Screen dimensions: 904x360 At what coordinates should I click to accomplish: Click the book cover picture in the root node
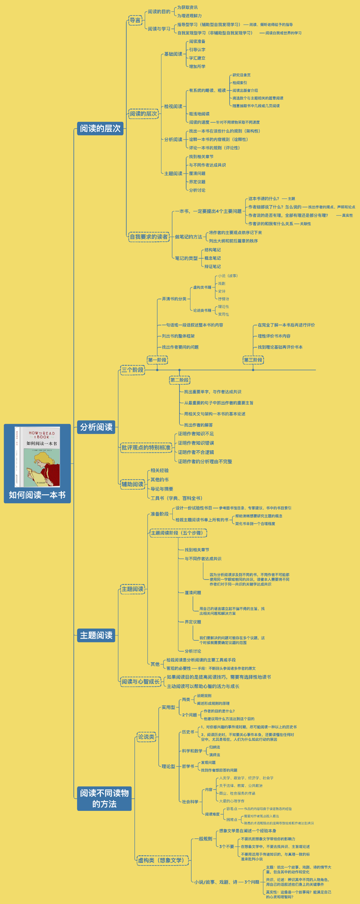37,457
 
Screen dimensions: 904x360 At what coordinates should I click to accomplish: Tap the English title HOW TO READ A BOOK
42,435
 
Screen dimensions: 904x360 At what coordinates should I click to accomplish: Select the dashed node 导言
135,20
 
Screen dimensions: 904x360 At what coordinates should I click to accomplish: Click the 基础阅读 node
173,54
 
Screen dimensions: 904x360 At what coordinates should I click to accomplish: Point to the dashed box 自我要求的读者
149,237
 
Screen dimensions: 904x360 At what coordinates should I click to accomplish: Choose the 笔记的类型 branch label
186,258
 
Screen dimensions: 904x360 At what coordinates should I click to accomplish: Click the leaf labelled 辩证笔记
213,266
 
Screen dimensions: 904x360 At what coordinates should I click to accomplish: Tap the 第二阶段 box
179,380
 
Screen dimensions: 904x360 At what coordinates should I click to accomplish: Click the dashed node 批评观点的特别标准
146,447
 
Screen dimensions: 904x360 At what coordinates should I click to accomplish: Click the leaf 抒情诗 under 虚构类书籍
224,299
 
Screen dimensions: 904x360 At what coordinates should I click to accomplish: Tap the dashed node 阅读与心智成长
140,681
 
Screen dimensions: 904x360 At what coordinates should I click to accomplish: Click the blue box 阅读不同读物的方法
104,798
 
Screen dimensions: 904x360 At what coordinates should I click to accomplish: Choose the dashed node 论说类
146,737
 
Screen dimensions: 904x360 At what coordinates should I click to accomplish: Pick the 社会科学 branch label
190,802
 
